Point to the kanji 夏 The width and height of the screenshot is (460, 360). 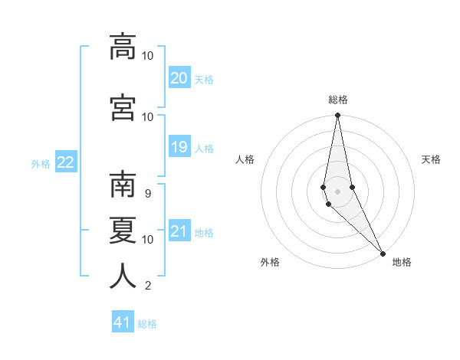pyautogui.click(x=123, y=229)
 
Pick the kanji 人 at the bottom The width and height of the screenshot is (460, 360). pyautogui.click(x=123, y=276)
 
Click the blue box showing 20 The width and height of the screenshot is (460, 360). pyautogui.click(x=179, y=78)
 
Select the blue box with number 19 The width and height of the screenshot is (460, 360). pyautogui.click(x=179, y=148)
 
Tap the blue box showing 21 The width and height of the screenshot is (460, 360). pyautogui.click(x=179, y=232)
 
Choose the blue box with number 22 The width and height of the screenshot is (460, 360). pyautogui.click(x=66, y=162)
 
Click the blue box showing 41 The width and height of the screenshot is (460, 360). pyautogui.click(x=123, y=322)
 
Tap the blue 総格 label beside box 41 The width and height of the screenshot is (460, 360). pyautogui.click(x=147, y=324)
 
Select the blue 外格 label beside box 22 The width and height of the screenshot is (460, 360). pyautogui.click(x=41, y=163)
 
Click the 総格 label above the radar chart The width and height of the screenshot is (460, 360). pyautogui.click(x=338, y=100)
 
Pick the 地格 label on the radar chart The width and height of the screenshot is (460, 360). pyautogui.click(x=402, y=262)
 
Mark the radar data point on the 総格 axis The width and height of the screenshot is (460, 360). pyautogui.click(x=337, y=116)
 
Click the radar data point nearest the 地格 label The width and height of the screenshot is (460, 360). pyautogui.click(x=383, y=252)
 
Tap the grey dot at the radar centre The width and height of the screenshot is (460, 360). pyautogui.click(x=337, y=191)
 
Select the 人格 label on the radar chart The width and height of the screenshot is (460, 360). pyautogui.click(x=245, y=159)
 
